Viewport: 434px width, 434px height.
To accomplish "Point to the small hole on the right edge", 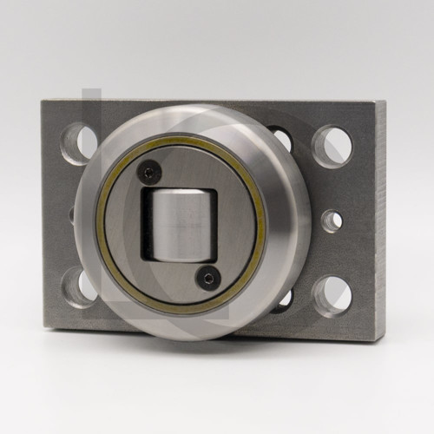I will click(332, 220).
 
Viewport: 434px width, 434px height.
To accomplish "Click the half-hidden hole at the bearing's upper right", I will click(281, 138).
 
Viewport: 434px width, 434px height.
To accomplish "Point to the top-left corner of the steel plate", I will click(42, 100).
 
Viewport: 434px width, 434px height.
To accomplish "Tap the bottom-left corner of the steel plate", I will click(43, 330).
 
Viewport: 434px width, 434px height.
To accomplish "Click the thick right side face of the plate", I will click(378, 221).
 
